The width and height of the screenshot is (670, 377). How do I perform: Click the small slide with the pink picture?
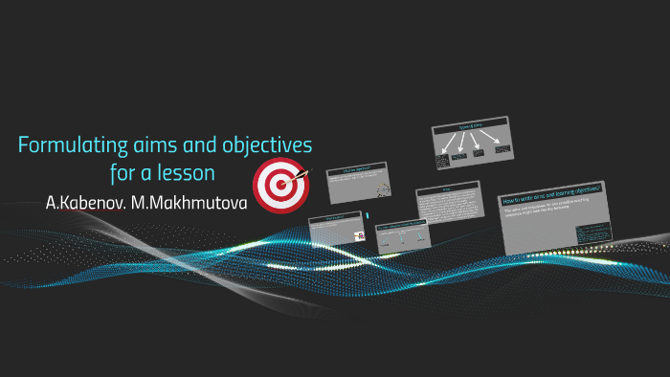click(x=337, y=231)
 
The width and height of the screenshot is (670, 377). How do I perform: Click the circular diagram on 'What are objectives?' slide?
click(x=383, y=190)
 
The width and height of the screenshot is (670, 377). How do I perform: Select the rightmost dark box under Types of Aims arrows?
click(x=501, y=154)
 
